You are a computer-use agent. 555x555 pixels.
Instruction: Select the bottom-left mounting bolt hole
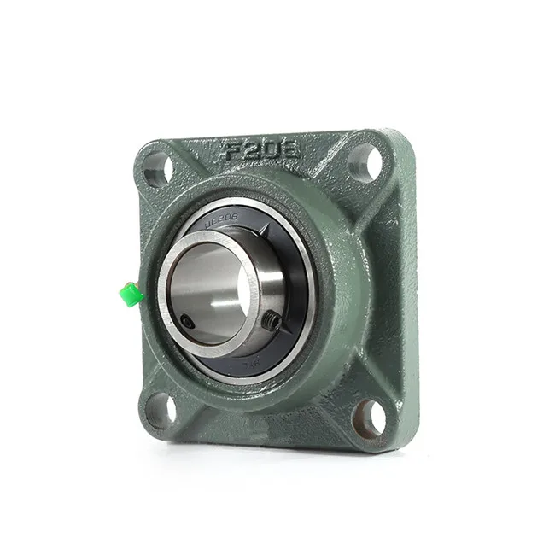click(x=160, y=411)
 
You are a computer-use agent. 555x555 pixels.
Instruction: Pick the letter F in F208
click(x=230, y=154)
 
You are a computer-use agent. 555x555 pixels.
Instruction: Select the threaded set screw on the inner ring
click(x=272, y=320)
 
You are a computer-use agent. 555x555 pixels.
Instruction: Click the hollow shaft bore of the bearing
click(x=207, y=286)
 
